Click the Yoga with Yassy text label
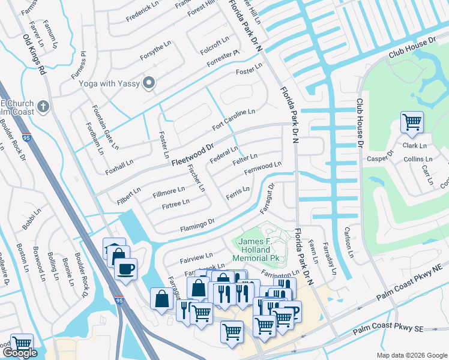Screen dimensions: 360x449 point(109,83)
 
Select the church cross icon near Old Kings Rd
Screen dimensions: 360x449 point(43,107)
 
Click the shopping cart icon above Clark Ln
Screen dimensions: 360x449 point(412,122)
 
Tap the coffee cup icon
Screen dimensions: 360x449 point(125,269)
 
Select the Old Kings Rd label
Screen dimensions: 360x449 point(34,54)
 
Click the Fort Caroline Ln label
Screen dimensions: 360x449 point(234,121)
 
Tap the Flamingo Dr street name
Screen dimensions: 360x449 point(197,226)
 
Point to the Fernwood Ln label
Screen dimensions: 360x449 point(262,169)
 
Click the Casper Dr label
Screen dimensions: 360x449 point(380,156)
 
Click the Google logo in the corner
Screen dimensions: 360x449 point(20,353)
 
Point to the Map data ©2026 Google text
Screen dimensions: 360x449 point(412,355)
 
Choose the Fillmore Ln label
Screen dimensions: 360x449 point(169,191)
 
